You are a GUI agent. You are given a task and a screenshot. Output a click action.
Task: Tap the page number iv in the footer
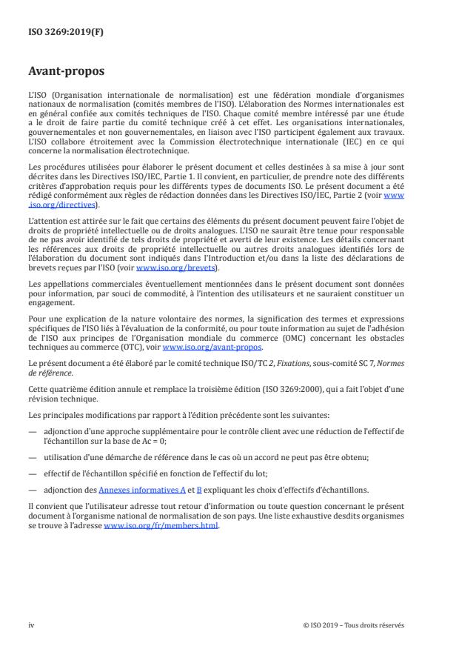coord(32,625)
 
